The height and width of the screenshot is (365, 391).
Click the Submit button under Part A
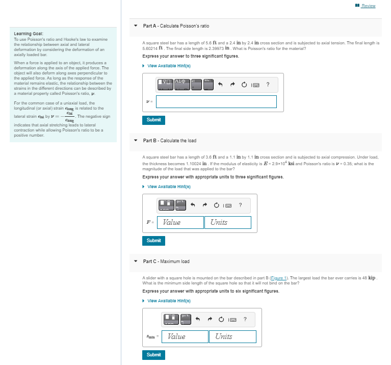point(153,120)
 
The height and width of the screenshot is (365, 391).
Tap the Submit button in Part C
point(153,354)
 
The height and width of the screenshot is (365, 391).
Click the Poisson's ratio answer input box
point(216,101)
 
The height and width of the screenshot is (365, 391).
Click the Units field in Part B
point(228,222)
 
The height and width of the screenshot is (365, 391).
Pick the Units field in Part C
point(232,336)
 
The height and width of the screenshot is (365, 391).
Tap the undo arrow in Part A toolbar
point(220,85)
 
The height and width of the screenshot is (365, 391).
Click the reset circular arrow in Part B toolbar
point(216,206)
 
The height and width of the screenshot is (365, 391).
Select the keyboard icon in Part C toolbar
point(233,320)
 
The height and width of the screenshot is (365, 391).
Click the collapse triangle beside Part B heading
point(136,141)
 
